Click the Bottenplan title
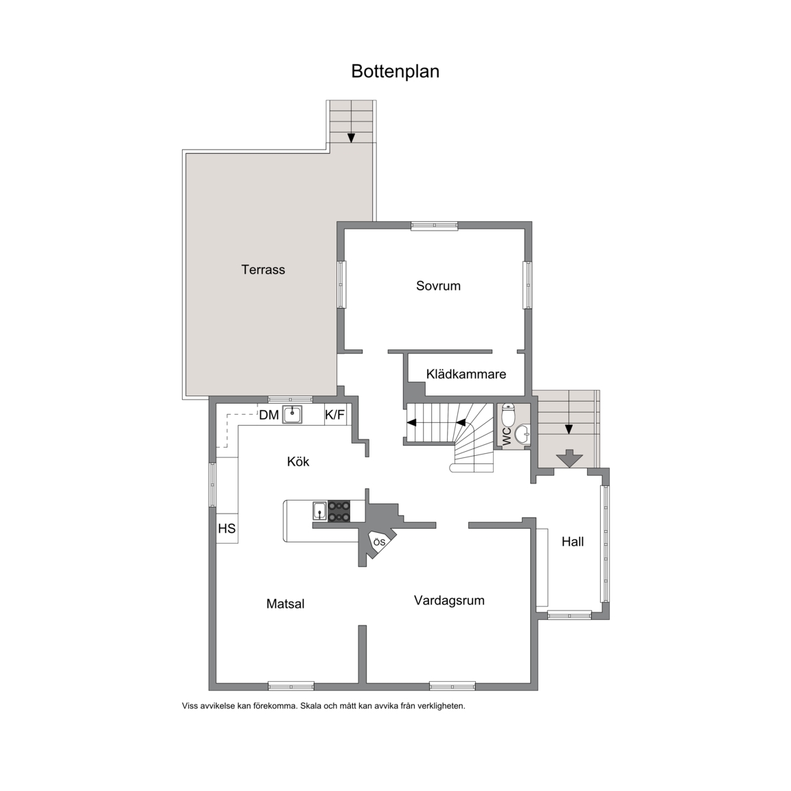(395, 71)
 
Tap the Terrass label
(263, 269)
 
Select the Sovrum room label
(438, 286)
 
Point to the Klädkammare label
(466, 374)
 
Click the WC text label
(507, 436)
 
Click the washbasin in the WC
(523, 433)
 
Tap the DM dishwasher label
(269, 415)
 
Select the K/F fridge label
(335, 415)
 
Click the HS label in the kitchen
(227, 528)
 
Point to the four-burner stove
(339, 511)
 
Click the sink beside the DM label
(292, 415)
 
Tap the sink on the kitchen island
(319, 511)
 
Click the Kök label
(298, 461)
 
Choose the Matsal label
(285, 604)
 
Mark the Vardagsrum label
(449, 600)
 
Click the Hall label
(573, 542)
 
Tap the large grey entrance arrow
(569, 458)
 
